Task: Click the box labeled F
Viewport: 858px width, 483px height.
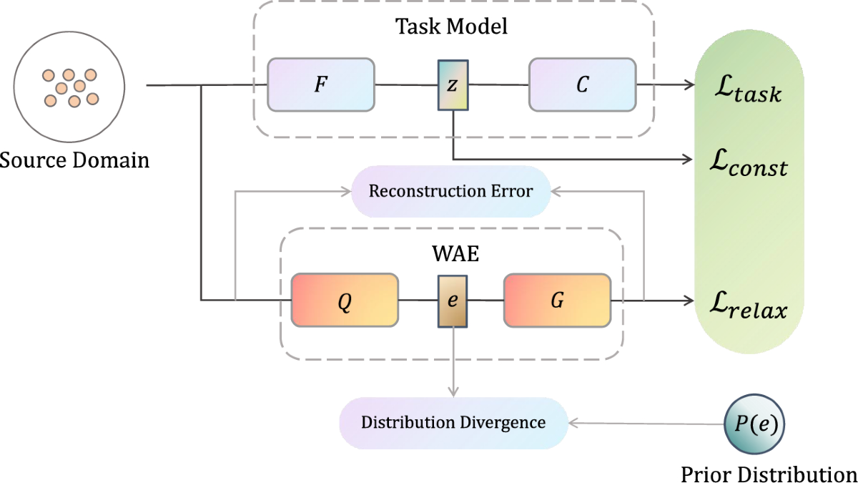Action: (x=321, y=85)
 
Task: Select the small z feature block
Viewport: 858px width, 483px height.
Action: (x=453, y=85)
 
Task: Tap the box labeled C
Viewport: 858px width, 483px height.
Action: (x=582, y=85)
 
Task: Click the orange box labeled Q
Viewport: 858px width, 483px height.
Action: (x=344, y=301)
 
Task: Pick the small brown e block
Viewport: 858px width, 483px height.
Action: (x=453, y=301)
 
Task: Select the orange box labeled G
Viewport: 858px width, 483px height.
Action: (x=558, y=301)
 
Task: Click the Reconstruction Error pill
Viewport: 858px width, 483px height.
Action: (x=450, y=191)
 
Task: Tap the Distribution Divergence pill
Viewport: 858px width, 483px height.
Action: (x=453, y=422)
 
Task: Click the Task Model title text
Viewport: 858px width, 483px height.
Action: (x=452, y=27)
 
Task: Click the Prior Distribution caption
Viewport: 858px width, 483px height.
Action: (x=769, y=473)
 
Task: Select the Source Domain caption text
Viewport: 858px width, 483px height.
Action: (x=74, y=159)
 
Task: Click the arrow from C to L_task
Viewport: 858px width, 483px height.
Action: (x=665, y=85)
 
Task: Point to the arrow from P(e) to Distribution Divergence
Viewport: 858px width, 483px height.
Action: (x=643, y=423)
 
